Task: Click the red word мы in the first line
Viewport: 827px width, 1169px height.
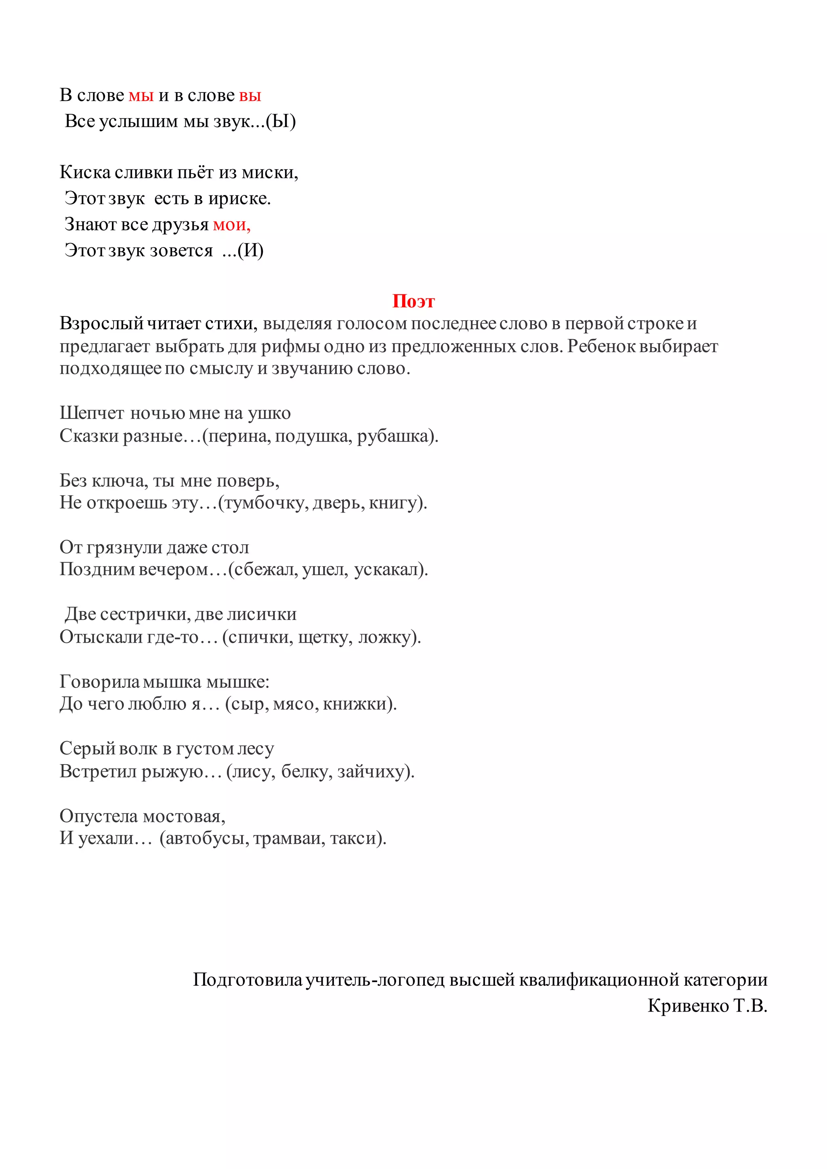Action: pyautogui.click(x=141, y=96)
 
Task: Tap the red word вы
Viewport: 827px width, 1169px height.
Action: pyautogui.click(x=250, y=96)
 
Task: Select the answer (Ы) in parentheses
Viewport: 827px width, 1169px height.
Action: pyautogui.click(x=281, y=121)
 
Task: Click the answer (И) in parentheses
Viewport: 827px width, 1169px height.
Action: pyautogui.click(x=250, y=251)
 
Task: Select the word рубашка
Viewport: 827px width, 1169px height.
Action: pyautogui.click(x=394, y=436)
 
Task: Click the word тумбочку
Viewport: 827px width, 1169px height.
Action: pyautogui.click(x=266, y=503)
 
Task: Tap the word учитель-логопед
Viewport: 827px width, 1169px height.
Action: pyautogui.click(x=375, y=980)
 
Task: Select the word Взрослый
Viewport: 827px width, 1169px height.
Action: pyautogui.click(x=101, y=323)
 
